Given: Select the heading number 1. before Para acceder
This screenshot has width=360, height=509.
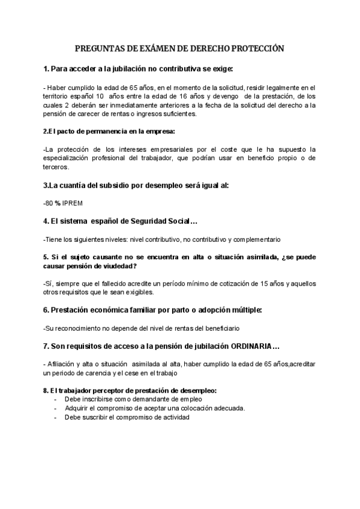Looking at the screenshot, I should click(x=47, y=69).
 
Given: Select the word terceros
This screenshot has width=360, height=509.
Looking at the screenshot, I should click(x=57, y=167).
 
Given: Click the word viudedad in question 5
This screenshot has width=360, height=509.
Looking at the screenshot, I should click(x=118, y=266).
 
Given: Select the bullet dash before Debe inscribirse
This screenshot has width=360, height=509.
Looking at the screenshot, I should click(x=56, y=399).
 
